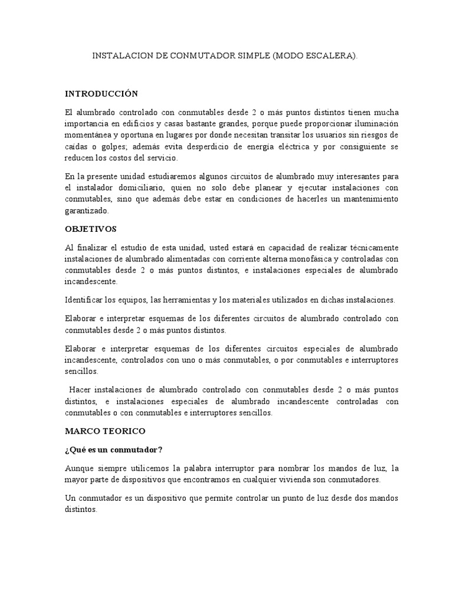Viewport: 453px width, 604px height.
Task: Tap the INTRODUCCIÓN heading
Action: click(x=101, y=94)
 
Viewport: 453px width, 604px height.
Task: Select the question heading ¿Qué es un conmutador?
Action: click(x=113, y=449)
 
